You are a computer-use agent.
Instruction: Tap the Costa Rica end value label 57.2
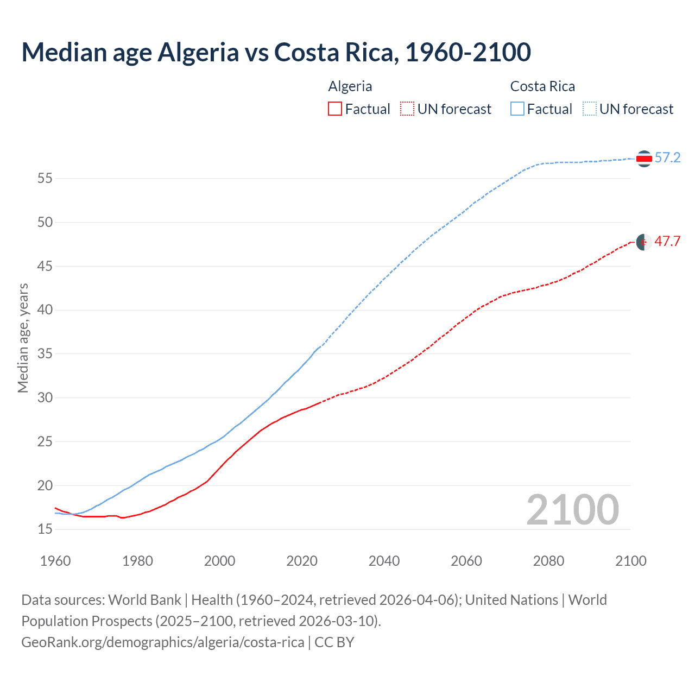pos(667,158)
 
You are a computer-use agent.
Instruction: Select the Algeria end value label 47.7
pos(667,242)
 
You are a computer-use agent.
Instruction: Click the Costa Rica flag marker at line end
pos(644,159)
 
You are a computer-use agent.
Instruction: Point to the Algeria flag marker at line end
pos(644,242)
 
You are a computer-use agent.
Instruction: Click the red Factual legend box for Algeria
pos(335,109)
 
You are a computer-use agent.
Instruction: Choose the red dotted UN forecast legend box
pos(407,109)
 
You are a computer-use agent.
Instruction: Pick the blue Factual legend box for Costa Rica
pos(517,109)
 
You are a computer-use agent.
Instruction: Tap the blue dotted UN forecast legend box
pos(590,109)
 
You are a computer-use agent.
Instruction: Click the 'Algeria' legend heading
pos(350,86)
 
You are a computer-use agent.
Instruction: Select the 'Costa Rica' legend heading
pos(542,86)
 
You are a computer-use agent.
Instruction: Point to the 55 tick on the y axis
pos(45,178)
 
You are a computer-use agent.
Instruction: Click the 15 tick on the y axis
pos(45,529)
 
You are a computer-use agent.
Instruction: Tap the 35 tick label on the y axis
pos(45,354)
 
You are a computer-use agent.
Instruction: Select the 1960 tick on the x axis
pos(55,561)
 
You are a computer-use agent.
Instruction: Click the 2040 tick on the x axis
pos(384,561)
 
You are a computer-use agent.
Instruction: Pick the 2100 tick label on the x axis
pos(630,561)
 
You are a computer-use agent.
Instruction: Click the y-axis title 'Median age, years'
pos(23,338)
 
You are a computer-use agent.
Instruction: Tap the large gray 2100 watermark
pos(572,510)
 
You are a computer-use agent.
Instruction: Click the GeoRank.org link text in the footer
pos(163,642)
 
